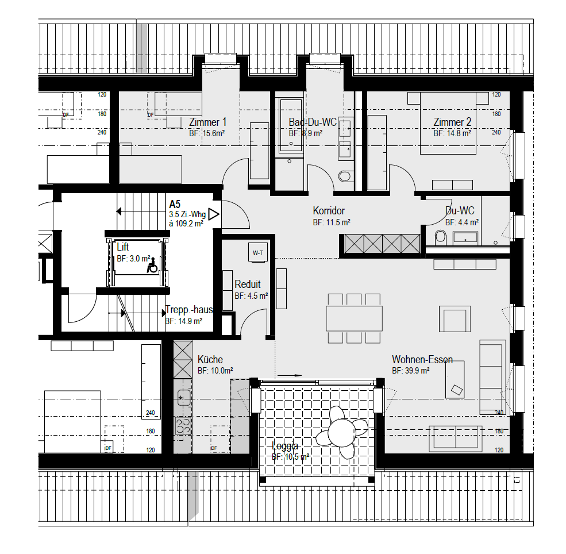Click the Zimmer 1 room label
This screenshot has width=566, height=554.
207,122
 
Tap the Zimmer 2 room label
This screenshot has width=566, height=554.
452,122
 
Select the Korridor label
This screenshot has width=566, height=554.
329,210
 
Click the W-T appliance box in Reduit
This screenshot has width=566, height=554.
258,253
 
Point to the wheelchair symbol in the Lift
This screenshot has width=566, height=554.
152,266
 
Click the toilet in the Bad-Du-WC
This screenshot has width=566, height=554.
345,176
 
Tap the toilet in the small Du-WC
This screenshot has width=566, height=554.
440,236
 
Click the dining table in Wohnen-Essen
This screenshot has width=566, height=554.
354,318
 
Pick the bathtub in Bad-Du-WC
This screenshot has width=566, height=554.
291,125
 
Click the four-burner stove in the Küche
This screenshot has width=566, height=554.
183,425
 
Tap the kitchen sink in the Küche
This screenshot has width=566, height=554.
184,398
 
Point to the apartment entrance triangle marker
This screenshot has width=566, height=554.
214,214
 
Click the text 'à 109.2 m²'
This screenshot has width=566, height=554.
186,224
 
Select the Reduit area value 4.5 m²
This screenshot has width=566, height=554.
257,296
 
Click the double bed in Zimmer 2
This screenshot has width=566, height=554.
448,124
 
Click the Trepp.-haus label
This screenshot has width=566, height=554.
189,310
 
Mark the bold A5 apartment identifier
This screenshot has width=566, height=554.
175,204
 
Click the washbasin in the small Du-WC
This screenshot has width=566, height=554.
465,237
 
